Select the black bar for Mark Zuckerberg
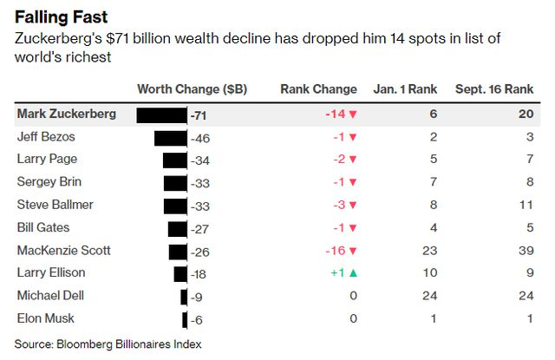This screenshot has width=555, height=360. [x=162, y=115]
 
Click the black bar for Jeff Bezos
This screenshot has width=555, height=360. [x=171, y=137]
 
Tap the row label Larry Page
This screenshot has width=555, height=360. [x=47, y=160]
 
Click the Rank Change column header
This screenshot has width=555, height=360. [x=318, y=89]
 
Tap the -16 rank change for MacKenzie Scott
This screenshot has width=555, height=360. [x=340, y=251]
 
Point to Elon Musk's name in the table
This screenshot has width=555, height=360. [x=45, y=318]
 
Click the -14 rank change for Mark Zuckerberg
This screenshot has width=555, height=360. [x=340, y=115]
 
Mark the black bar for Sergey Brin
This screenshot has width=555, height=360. [x=175, y=182]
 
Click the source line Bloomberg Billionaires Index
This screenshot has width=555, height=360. [x=108, y=344]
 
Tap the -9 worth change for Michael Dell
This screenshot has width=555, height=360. [x=197, y=296]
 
